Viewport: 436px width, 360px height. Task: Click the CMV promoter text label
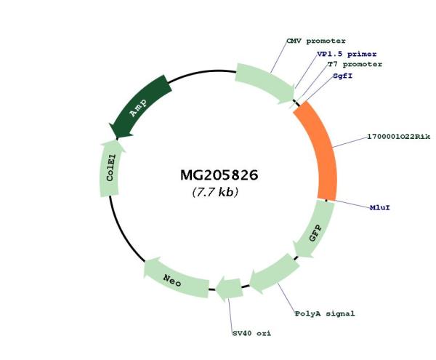click(x=315, y=41)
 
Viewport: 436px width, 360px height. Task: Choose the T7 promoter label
click(x=354, y=64)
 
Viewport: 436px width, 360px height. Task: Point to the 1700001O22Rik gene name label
click(x=398, y=137)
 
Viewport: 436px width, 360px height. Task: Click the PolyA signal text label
click(x=325, y=313)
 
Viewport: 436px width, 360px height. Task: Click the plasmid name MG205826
click(x=219, y=176)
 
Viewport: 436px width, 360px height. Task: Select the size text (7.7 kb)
click(x=216, y=193)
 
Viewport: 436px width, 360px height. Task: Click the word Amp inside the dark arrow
click(x=138, y=108)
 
